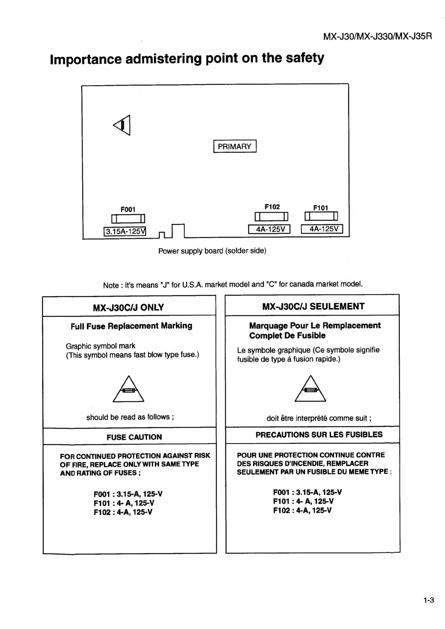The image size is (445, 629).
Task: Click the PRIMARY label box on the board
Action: (x=235, y=146)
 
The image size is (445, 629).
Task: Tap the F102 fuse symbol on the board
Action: (x=271, y=216)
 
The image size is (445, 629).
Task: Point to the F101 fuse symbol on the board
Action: (x=321, y=216)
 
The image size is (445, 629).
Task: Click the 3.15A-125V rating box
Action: (x=124, y=231)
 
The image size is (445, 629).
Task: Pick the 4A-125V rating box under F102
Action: (x=269, y=229)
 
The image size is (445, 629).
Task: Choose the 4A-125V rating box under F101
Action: (x=322, y=229)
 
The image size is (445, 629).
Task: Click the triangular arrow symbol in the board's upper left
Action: (x=123, y=125)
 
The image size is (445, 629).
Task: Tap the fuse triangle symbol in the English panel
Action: (x=128, y=389)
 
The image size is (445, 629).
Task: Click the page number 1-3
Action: (x=429, y=601)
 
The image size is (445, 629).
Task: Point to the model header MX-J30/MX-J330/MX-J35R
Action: (x=377, y=36)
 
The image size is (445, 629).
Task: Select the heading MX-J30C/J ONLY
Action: (x=128, y=308)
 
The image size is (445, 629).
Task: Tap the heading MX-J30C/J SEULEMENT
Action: (x=313, y=306)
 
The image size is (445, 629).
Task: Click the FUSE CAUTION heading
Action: (x=134, y=437)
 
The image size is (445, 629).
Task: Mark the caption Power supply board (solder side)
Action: (x=212, y=251)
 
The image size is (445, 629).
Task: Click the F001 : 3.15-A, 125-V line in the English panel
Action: (x=128, y=494)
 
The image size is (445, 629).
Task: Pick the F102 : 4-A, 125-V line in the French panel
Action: (x=302, y=511)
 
